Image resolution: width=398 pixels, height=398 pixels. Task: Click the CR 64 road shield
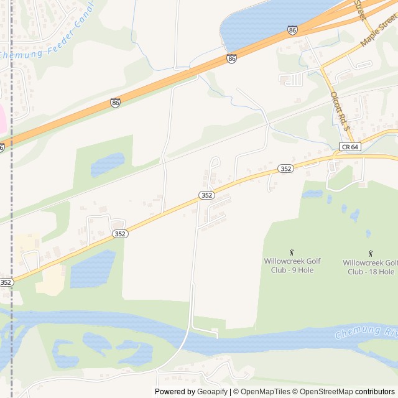(349, 147)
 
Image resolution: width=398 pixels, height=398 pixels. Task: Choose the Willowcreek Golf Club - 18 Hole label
(371, 267)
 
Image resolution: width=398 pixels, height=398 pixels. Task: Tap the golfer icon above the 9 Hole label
(292, 251)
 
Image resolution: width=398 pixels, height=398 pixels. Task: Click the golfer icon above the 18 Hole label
(371, 252)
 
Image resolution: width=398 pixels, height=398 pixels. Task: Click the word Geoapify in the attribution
(213, 392)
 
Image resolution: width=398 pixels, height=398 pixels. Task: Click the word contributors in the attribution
(375, 392)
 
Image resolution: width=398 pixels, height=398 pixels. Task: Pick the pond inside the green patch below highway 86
(107, 165)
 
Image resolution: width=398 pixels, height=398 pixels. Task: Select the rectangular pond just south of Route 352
(93, 269)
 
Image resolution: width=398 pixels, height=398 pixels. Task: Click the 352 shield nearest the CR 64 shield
(285, 169)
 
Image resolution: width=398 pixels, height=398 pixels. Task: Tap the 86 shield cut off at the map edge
(2, 147)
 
